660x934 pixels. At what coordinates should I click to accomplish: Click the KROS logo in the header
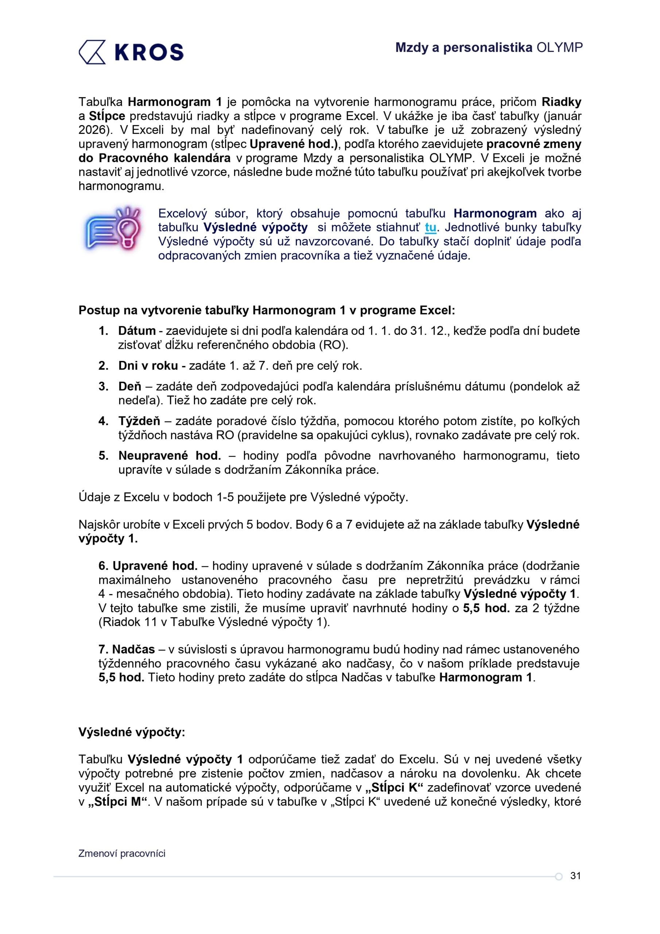(x=131, y=52)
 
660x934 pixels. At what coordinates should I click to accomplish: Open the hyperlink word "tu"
(x=430, y=227)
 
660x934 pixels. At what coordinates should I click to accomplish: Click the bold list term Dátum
(x=137, y=331)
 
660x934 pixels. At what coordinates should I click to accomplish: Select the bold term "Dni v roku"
(x=148, y=366)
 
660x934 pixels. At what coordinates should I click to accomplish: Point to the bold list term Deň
(x=130, y=386)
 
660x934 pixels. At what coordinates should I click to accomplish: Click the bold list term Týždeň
(x=139, y=421)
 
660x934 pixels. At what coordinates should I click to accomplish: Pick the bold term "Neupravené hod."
(x=170, y=456)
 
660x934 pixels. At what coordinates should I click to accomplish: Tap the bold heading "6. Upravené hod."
(x=148, y=566)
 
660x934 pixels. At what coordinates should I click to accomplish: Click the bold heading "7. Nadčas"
(x=127, y=650)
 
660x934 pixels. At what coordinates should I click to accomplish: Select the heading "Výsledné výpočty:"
(x=132, y=732)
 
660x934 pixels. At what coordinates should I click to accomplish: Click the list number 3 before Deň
(x=103, y=386)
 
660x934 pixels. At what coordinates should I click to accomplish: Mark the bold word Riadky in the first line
(x=561, y=102)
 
